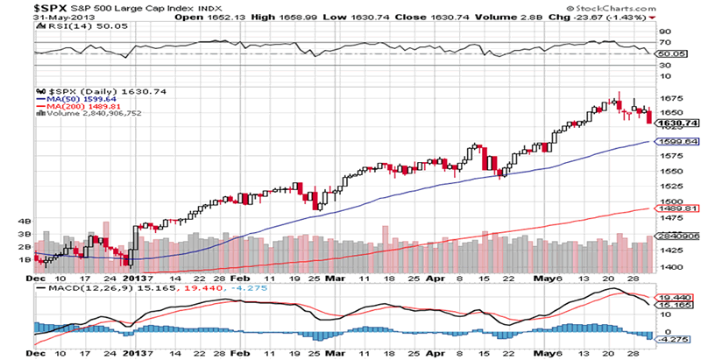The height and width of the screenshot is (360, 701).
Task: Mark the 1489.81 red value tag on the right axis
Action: (x=677, y=208)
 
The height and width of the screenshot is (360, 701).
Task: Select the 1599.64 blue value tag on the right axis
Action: (x=677, y=141)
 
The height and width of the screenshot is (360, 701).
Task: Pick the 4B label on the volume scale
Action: (x=24, y=222)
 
